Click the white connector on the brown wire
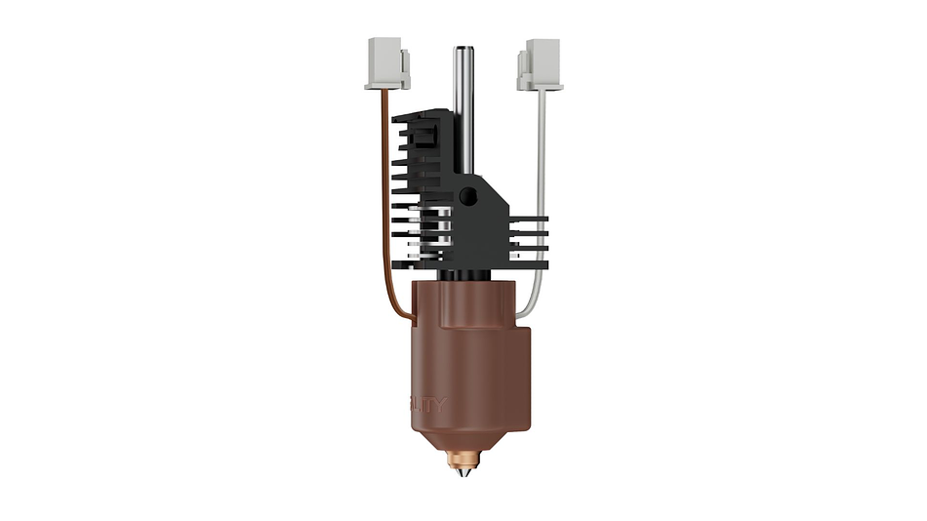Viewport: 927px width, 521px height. click(387, 60)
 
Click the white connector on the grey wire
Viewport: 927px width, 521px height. click(540, 60)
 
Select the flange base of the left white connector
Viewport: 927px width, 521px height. click(385, 85)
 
